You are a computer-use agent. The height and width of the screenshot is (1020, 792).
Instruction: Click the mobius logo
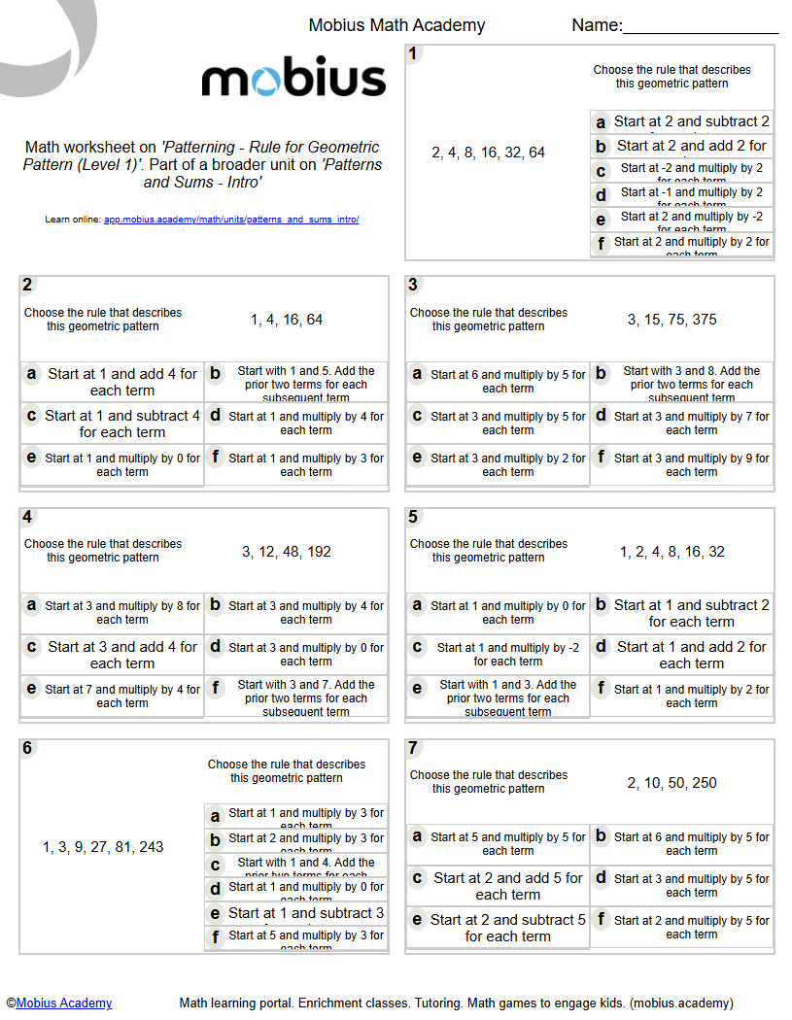293,79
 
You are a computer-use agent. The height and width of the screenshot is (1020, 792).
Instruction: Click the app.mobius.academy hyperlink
231,220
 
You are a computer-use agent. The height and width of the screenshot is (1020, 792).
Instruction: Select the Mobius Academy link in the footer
64,1003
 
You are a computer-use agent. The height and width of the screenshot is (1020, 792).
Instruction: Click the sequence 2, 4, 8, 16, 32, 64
488,153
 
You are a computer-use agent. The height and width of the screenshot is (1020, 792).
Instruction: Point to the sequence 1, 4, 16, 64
287,320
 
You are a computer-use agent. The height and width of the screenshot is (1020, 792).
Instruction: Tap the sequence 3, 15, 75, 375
671,320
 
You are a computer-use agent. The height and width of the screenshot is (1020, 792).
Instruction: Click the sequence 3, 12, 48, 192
287,552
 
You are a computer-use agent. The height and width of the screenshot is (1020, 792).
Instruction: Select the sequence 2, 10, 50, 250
671,783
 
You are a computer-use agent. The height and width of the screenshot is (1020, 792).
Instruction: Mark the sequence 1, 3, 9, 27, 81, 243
103,847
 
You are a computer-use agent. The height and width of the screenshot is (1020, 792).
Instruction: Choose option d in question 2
296,424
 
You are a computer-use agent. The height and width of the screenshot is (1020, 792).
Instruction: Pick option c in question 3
498,424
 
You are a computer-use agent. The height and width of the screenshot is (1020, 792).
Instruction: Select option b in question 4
296,613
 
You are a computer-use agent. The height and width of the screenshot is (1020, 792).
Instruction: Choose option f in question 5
682,697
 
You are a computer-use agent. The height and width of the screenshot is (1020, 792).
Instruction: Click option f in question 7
682,928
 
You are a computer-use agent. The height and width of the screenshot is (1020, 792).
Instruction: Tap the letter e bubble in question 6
216,914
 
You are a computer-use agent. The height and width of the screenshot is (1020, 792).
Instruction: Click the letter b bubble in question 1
602,147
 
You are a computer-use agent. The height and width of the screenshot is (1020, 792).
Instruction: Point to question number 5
413,517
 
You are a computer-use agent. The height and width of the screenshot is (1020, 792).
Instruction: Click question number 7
413,748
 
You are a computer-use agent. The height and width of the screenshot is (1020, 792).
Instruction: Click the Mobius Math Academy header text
396,26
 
